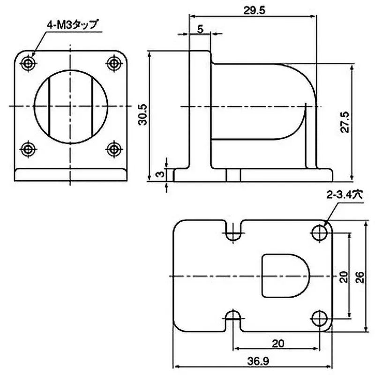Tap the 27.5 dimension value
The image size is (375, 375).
[x=345, y=123]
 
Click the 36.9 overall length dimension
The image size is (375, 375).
[x=253, y=362]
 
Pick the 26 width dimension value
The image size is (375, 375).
[x=360, y=277]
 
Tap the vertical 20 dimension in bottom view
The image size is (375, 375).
[x=343, y=277]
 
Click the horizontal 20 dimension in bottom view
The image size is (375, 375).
[x=277, y=344]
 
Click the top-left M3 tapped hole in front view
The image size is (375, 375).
[x=29, y=62]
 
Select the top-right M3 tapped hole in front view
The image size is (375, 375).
[x=113, y=62]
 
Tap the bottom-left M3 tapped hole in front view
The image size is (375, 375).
[x=29, y=149]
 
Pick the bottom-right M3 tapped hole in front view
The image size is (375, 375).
[x=113, y=149]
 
